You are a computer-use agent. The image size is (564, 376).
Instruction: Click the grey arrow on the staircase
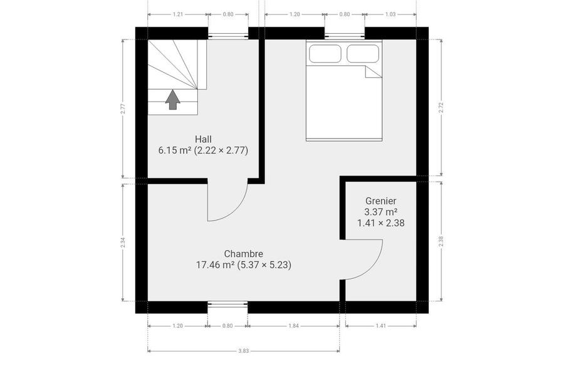pos(173,100)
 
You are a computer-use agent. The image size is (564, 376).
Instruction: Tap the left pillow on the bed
pos(325,54)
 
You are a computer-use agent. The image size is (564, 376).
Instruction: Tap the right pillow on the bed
pos(363,54)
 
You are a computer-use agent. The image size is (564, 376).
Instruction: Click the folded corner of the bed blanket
pos(373,71)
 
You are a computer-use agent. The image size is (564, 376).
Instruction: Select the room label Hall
pos(203,139)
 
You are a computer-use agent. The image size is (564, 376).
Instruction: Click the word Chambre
pos(244,254)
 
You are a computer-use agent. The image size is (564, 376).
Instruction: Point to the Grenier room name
pos(381,201)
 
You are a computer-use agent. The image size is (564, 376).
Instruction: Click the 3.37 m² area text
pos(381,212)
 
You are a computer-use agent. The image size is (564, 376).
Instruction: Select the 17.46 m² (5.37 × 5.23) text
pos(244,265)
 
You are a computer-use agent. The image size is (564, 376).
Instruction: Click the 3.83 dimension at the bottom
pos(244,351)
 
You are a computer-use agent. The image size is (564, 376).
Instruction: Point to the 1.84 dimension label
pos(293,326)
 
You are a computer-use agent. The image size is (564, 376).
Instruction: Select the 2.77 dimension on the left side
pos(123,108)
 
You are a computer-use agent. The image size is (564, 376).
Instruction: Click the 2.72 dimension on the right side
pos(441,108)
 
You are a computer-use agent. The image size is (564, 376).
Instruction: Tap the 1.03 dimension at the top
pos(390,14)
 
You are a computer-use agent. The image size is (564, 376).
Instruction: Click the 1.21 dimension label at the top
pos(178,14)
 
